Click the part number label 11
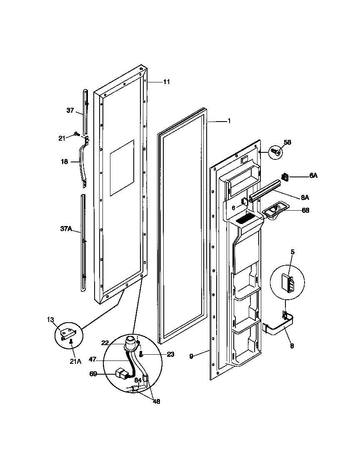point(166,82)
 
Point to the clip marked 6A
point(286,177)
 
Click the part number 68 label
point(305,210)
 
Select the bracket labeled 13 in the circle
point(68,333)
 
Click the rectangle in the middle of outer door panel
point(122,168)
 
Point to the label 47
point(92,358)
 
